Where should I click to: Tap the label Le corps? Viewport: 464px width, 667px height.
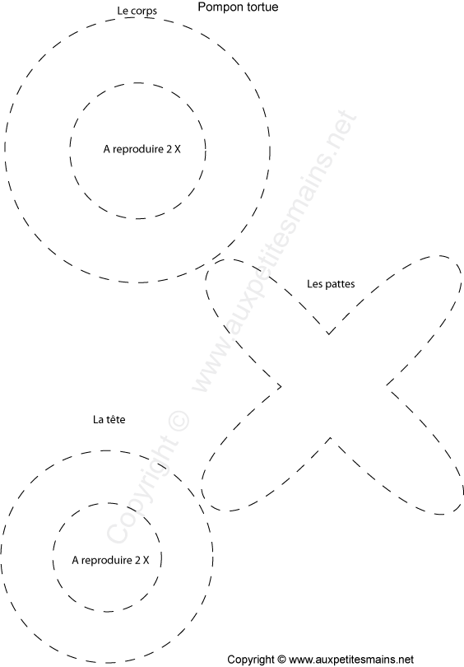point(137,11)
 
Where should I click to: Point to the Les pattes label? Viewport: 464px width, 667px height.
point(331,284)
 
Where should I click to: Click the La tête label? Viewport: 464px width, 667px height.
point(109,419)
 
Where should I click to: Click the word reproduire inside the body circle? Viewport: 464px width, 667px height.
point(138,149)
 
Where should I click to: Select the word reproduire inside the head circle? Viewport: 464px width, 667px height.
point(107,560)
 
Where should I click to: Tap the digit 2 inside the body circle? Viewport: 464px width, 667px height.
point(169,149)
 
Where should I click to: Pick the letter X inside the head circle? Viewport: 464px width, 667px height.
point(146,560)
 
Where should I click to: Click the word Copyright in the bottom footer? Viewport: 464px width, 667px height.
point(251,660)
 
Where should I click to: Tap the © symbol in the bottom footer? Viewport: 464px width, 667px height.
point(281,660)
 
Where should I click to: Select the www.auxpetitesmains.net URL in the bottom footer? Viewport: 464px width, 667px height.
point(351,660)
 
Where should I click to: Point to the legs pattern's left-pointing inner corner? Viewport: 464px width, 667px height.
point(281,386)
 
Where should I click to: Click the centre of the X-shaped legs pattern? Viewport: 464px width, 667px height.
point(331,386)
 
